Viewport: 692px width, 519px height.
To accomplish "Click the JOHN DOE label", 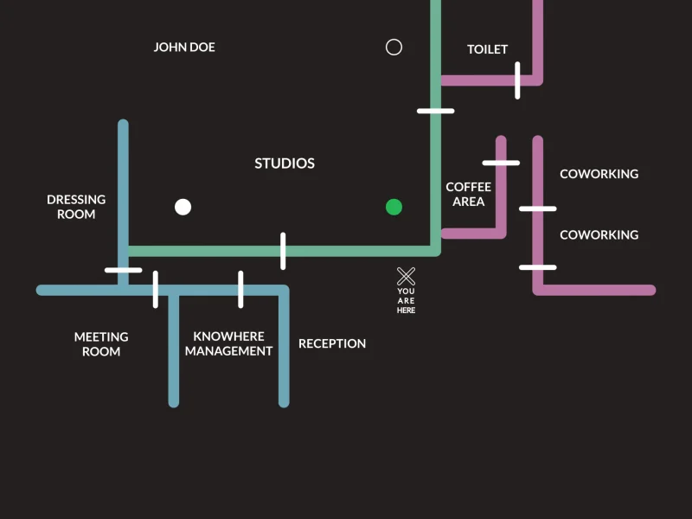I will [184, 47].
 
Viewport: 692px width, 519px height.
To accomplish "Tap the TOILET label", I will [487, 49].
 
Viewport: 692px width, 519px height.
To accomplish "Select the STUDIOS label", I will [285, 163].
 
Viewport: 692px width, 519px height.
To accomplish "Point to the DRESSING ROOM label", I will [76, 207].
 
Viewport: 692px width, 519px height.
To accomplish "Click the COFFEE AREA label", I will [468, 194].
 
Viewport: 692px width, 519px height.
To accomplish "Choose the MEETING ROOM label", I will [101, 344].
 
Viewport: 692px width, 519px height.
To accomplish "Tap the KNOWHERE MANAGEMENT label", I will [228, 343].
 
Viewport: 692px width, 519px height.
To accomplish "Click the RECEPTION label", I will [332, 343].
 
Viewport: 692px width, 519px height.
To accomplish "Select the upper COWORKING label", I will [599, 174].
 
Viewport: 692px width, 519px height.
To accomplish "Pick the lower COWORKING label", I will [599, 234].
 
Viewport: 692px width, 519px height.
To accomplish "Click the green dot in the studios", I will [394, 207].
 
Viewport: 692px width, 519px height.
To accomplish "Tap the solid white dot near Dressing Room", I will [183, 207].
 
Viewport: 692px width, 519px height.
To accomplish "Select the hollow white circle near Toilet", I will [394, 47].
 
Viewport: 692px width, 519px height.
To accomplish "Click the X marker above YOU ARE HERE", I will [406, 277].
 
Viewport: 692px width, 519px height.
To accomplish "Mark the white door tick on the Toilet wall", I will [517, 80].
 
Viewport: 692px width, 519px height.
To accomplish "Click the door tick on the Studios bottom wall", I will [283, 251].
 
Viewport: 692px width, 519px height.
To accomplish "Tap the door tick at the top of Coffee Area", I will [501, 163].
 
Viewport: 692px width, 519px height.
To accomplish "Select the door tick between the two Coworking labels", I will [537, 208].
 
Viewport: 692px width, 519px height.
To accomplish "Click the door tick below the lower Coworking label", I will [537, 267].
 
